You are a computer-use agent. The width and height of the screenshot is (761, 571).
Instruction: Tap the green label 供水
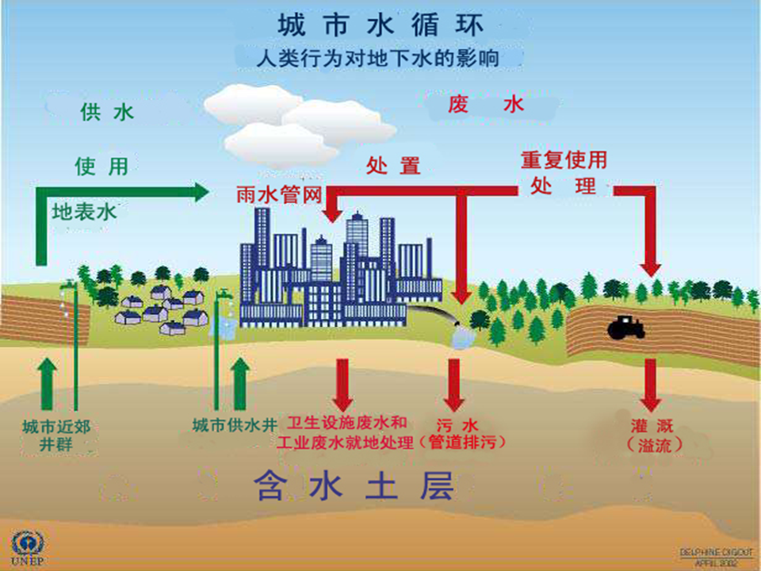(x=107, y=112)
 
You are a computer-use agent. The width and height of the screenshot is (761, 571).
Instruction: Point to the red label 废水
(x=486, y=104)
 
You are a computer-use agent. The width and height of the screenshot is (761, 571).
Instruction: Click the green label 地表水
(x=84, y=213)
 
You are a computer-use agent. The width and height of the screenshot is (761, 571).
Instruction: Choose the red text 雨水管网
(x=278, y=195)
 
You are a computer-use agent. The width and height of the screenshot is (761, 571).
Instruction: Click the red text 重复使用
(x=564, y=160)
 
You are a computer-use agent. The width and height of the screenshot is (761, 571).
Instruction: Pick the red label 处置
(x=393, y=166)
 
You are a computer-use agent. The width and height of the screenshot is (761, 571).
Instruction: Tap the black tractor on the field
(x=627, y=325)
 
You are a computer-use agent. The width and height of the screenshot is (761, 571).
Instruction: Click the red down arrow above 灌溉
(x=650, y=384)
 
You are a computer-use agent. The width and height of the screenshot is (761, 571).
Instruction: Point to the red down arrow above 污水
(x=453, y=384)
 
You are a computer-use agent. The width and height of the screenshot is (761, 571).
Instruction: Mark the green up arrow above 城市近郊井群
(x=48, y=383)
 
